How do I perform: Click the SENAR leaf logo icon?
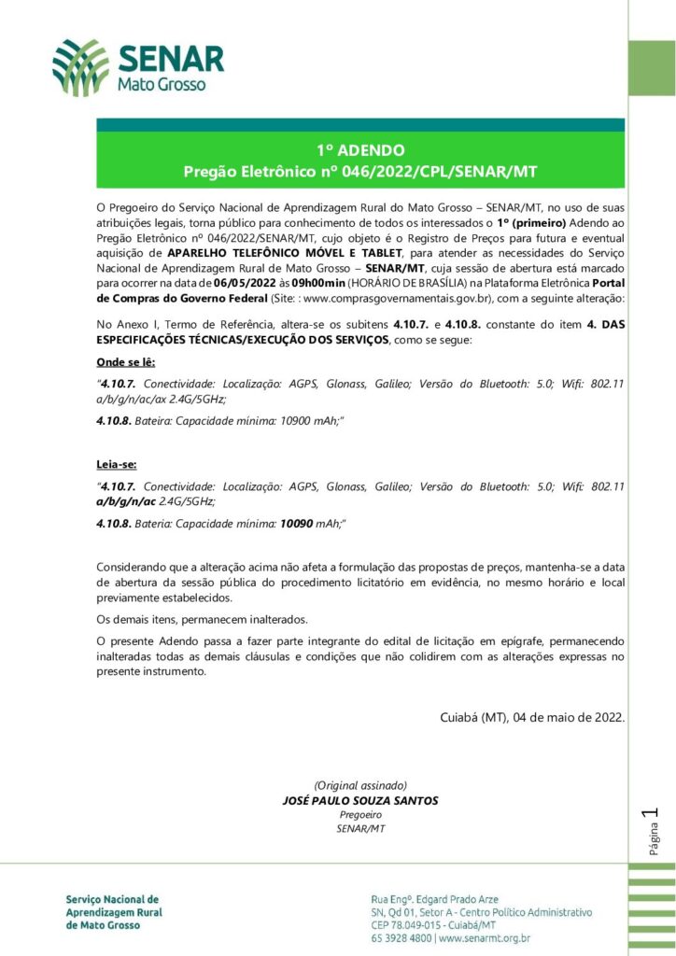coord(80,68)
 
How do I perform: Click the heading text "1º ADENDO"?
coord(359,149)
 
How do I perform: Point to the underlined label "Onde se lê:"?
coord(126,361)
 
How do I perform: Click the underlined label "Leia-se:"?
coord(117,463)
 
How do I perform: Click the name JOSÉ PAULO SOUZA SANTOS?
coord(359,801)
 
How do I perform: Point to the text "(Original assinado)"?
coord(359,786)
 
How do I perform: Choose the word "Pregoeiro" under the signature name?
coord(359,814)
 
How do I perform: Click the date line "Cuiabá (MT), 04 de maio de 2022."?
coord(532,717)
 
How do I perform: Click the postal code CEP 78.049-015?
coord(410,924)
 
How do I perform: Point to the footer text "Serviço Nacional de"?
coord(112,898)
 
